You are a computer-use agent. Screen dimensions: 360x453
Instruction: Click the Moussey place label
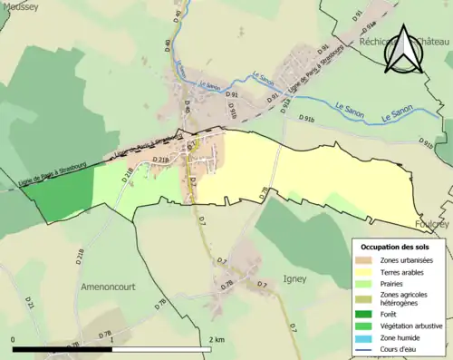tap(20, 6)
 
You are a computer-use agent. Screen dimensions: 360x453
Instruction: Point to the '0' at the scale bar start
tap(14, 339)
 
